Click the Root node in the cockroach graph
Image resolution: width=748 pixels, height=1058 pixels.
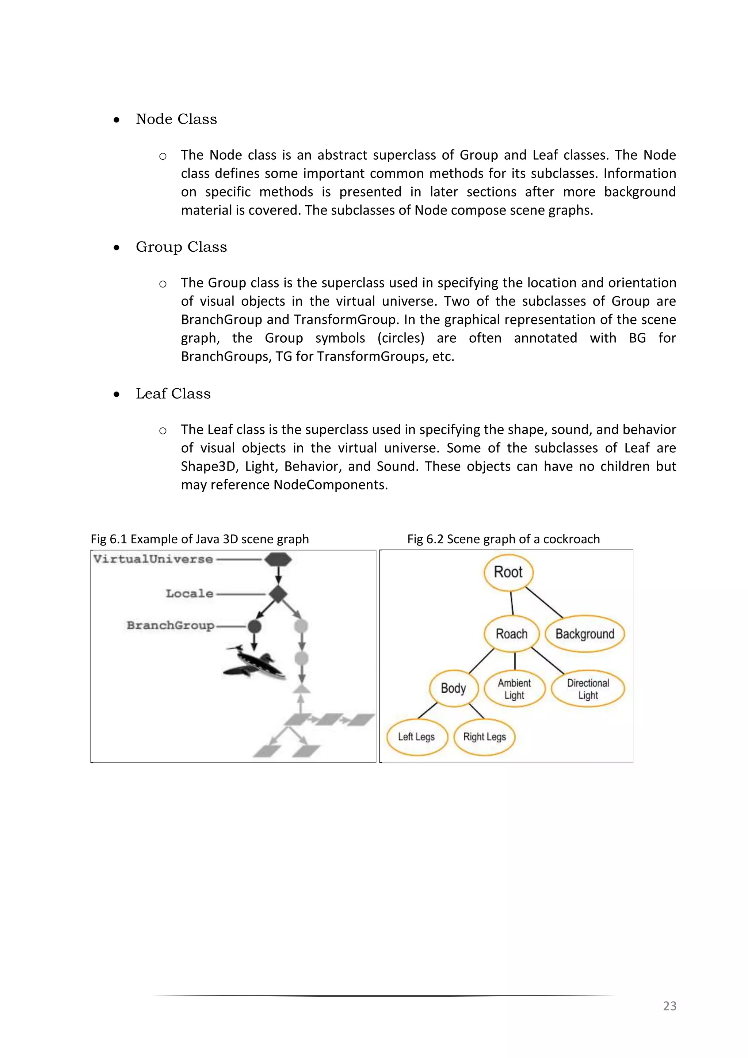click(508, 572)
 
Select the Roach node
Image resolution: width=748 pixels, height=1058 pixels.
click(512, 633)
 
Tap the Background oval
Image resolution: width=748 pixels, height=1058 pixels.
click(585, 634)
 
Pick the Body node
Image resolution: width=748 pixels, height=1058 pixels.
click(454, 688)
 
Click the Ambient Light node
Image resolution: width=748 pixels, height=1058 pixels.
click(515, 689)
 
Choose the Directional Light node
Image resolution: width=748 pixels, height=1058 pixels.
click(588, 689)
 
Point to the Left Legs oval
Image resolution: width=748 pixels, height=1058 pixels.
click(416, 737)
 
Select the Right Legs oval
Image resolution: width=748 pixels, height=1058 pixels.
click(485, 737)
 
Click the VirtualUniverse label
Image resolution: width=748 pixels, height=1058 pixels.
click(153, 559)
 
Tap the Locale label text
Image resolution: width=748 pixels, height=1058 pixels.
click(190, 594)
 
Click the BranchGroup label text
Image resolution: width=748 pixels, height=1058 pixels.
click(171, 625)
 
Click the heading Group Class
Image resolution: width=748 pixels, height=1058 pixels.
click(181, 247)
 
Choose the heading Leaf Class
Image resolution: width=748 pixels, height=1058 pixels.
click(173, 393)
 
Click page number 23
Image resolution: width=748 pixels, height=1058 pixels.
click(669, 1005)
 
